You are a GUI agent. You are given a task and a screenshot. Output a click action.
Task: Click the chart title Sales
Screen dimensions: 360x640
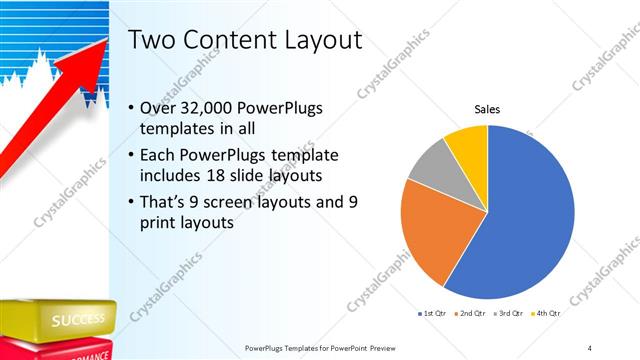(x=487, y=109)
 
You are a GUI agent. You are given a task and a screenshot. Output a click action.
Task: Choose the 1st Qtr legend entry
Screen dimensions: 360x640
(x=432, y=313)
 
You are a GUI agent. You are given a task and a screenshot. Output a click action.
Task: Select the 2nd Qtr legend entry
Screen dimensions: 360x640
(x=472, y=313)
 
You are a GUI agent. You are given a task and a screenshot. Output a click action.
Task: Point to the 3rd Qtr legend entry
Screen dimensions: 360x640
(x=511, y=313)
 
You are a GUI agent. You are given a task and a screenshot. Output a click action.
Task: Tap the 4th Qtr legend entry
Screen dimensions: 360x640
(x=550, y=313)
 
